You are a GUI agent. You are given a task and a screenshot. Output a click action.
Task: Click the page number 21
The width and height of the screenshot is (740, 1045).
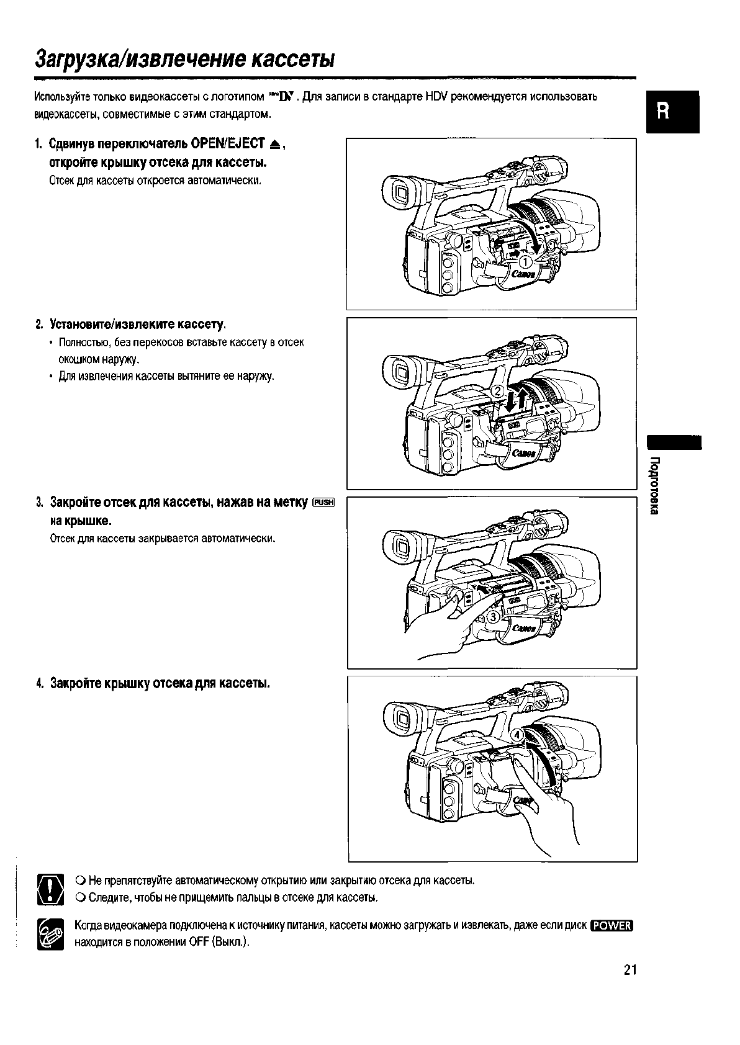[630, 970]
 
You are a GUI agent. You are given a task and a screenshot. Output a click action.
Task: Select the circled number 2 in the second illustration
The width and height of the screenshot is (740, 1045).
[498, 392]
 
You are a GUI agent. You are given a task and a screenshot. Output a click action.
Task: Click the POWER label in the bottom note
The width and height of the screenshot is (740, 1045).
[611, 926]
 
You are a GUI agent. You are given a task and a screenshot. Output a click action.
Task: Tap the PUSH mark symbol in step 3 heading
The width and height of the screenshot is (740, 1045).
[324, 503]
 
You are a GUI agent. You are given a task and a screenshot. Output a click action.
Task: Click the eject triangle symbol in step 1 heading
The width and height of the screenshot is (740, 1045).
[276, 145]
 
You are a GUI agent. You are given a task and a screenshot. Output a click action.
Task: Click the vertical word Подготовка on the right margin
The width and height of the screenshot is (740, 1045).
[654, 485]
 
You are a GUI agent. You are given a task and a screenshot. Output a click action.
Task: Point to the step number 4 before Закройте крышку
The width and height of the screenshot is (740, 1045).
[38, 683]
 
